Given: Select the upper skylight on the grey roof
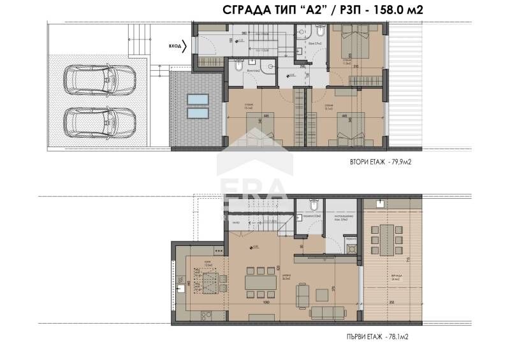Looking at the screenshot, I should (x=197, y=99).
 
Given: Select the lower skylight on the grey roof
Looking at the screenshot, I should (x=197, y=113).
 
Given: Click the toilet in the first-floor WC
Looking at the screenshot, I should (x=312, y=205).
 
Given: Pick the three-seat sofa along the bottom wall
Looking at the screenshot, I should (x=326, y=312).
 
